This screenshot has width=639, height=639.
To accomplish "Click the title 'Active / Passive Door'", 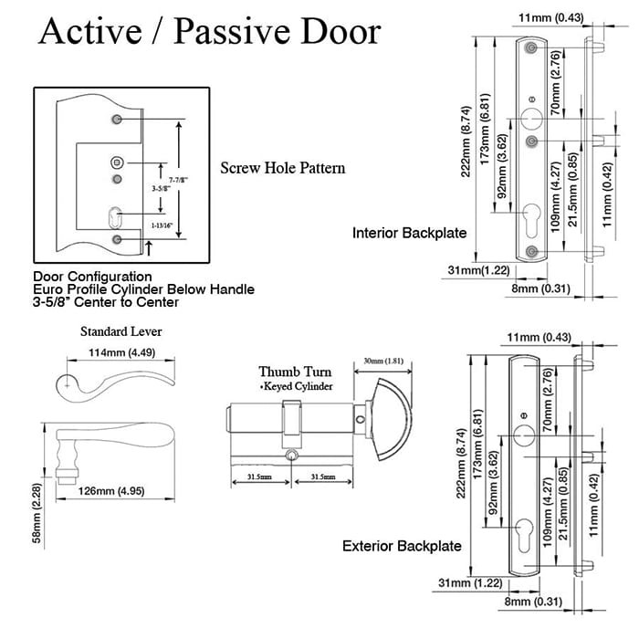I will (209, 32).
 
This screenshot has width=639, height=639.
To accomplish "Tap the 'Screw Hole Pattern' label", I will (283, 168).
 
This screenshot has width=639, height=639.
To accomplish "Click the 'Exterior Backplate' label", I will (402, 546).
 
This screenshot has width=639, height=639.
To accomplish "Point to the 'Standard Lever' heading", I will (107, 331).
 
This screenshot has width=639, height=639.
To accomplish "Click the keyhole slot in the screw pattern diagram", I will (115, 218).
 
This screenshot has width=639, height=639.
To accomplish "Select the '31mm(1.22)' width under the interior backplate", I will (467, 269).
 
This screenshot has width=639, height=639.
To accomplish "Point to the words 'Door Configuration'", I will (92, 276).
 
